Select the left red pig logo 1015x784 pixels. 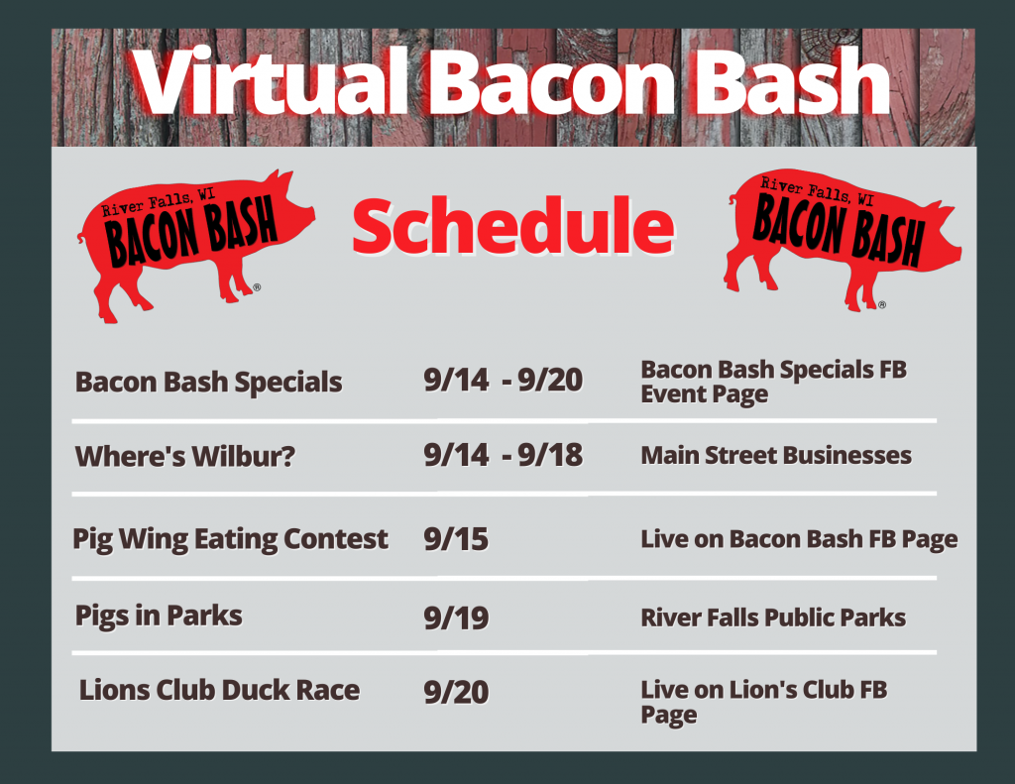pos(195,245)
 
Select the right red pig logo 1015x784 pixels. pos(842,240)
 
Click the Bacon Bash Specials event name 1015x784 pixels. pos(208,382)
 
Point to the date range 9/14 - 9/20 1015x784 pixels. pos(503,380)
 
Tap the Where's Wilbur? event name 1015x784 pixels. pos(185,456)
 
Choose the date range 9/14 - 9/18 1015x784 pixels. pos(503,455)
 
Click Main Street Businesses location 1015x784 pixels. pos(776,455)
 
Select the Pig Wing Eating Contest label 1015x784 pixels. pos(230,539)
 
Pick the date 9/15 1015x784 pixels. pos(456,539)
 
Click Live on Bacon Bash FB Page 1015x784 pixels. pos(799,539)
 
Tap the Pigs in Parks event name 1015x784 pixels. pos(159,616)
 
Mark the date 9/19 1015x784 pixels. pos(456,617)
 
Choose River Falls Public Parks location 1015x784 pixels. pos(773,617)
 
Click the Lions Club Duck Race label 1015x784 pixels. pos(219,690)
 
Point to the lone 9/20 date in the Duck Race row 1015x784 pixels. pos(456,692)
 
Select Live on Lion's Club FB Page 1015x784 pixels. pos(764,703)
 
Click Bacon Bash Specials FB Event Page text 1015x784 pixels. pos(773,382)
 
